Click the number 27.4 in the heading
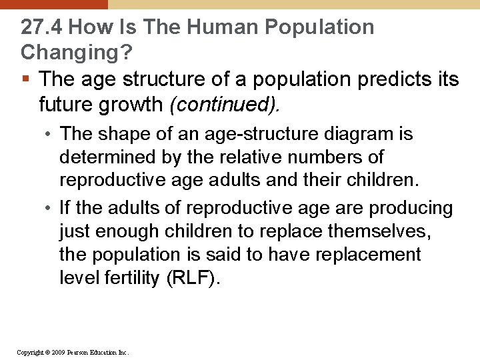pyautogui.click(x=41, y=27)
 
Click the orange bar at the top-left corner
pyautogui.click(x=53, y=4)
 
